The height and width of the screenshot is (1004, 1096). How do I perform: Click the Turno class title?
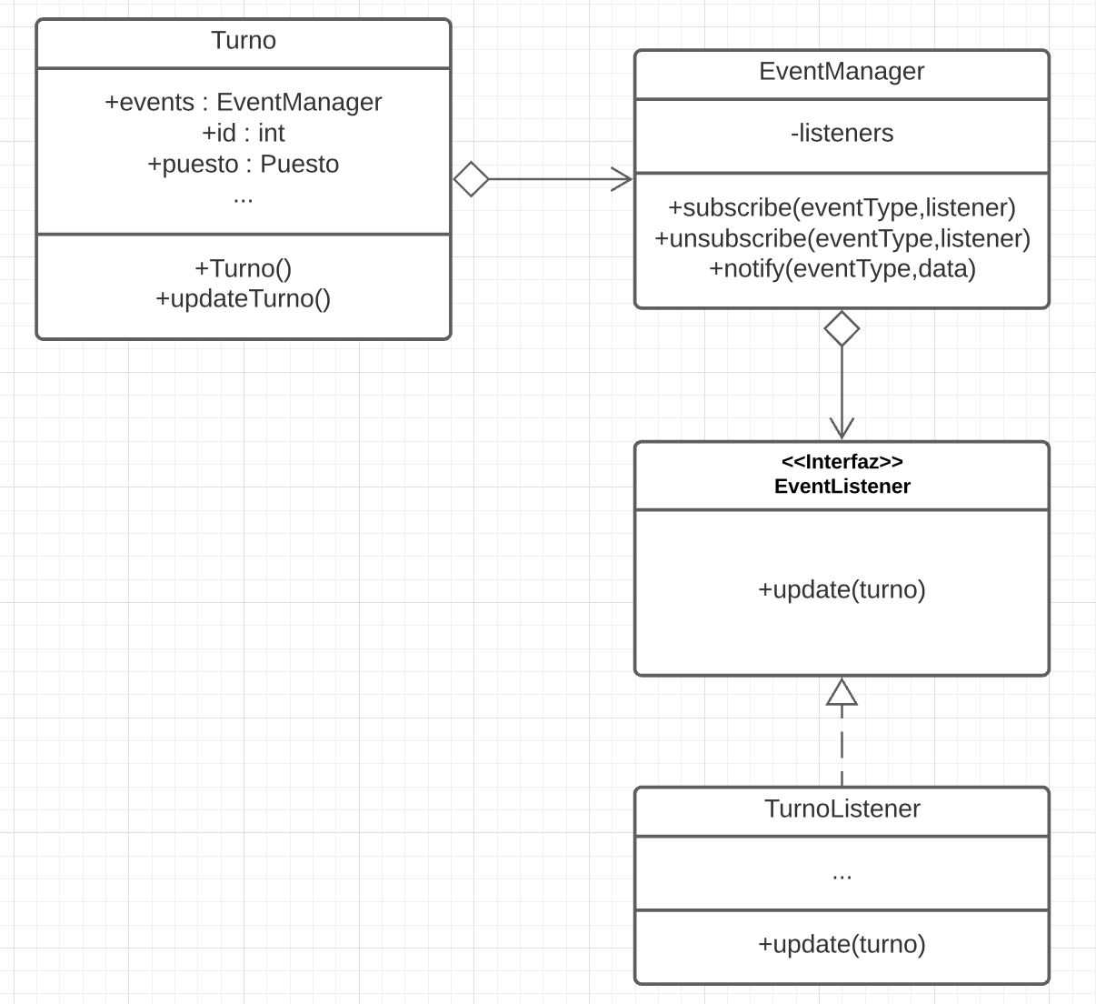[244, 41]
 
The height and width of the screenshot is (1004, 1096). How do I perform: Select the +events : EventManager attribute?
[244, 102]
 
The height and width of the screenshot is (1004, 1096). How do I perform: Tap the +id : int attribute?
[244, 133]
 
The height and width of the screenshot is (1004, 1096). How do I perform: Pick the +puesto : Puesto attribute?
[244, 164]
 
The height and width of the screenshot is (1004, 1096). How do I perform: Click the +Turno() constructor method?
[244, 268]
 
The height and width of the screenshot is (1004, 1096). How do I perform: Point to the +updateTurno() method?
[244, 298]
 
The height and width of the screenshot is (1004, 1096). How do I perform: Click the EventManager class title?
[842, 72]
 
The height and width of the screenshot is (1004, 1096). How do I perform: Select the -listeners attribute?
[842, 133]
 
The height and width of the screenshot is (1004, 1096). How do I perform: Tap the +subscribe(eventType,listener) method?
[842, 207]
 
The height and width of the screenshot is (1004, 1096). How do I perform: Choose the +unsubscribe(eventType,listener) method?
[842, 238]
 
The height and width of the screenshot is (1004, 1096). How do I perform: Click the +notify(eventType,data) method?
[842, 269]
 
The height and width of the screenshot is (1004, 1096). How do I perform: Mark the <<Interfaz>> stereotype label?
[842, 462]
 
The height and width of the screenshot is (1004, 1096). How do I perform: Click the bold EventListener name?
[842, 487]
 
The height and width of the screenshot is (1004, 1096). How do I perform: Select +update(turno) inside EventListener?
[842, 589]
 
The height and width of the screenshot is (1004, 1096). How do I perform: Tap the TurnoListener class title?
[842, 808]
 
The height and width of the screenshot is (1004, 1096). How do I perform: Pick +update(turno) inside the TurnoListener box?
[842, 944]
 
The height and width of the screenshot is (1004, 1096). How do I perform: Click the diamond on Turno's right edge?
[471, 179]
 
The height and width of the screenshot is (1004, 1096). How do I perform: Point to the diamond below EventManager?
[842, 328]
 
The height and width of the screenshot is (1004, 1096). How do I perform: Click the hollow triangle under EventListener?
[842, 693]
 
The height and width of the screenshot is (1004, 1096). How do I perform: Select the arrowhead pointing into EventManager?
[623, 179]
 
